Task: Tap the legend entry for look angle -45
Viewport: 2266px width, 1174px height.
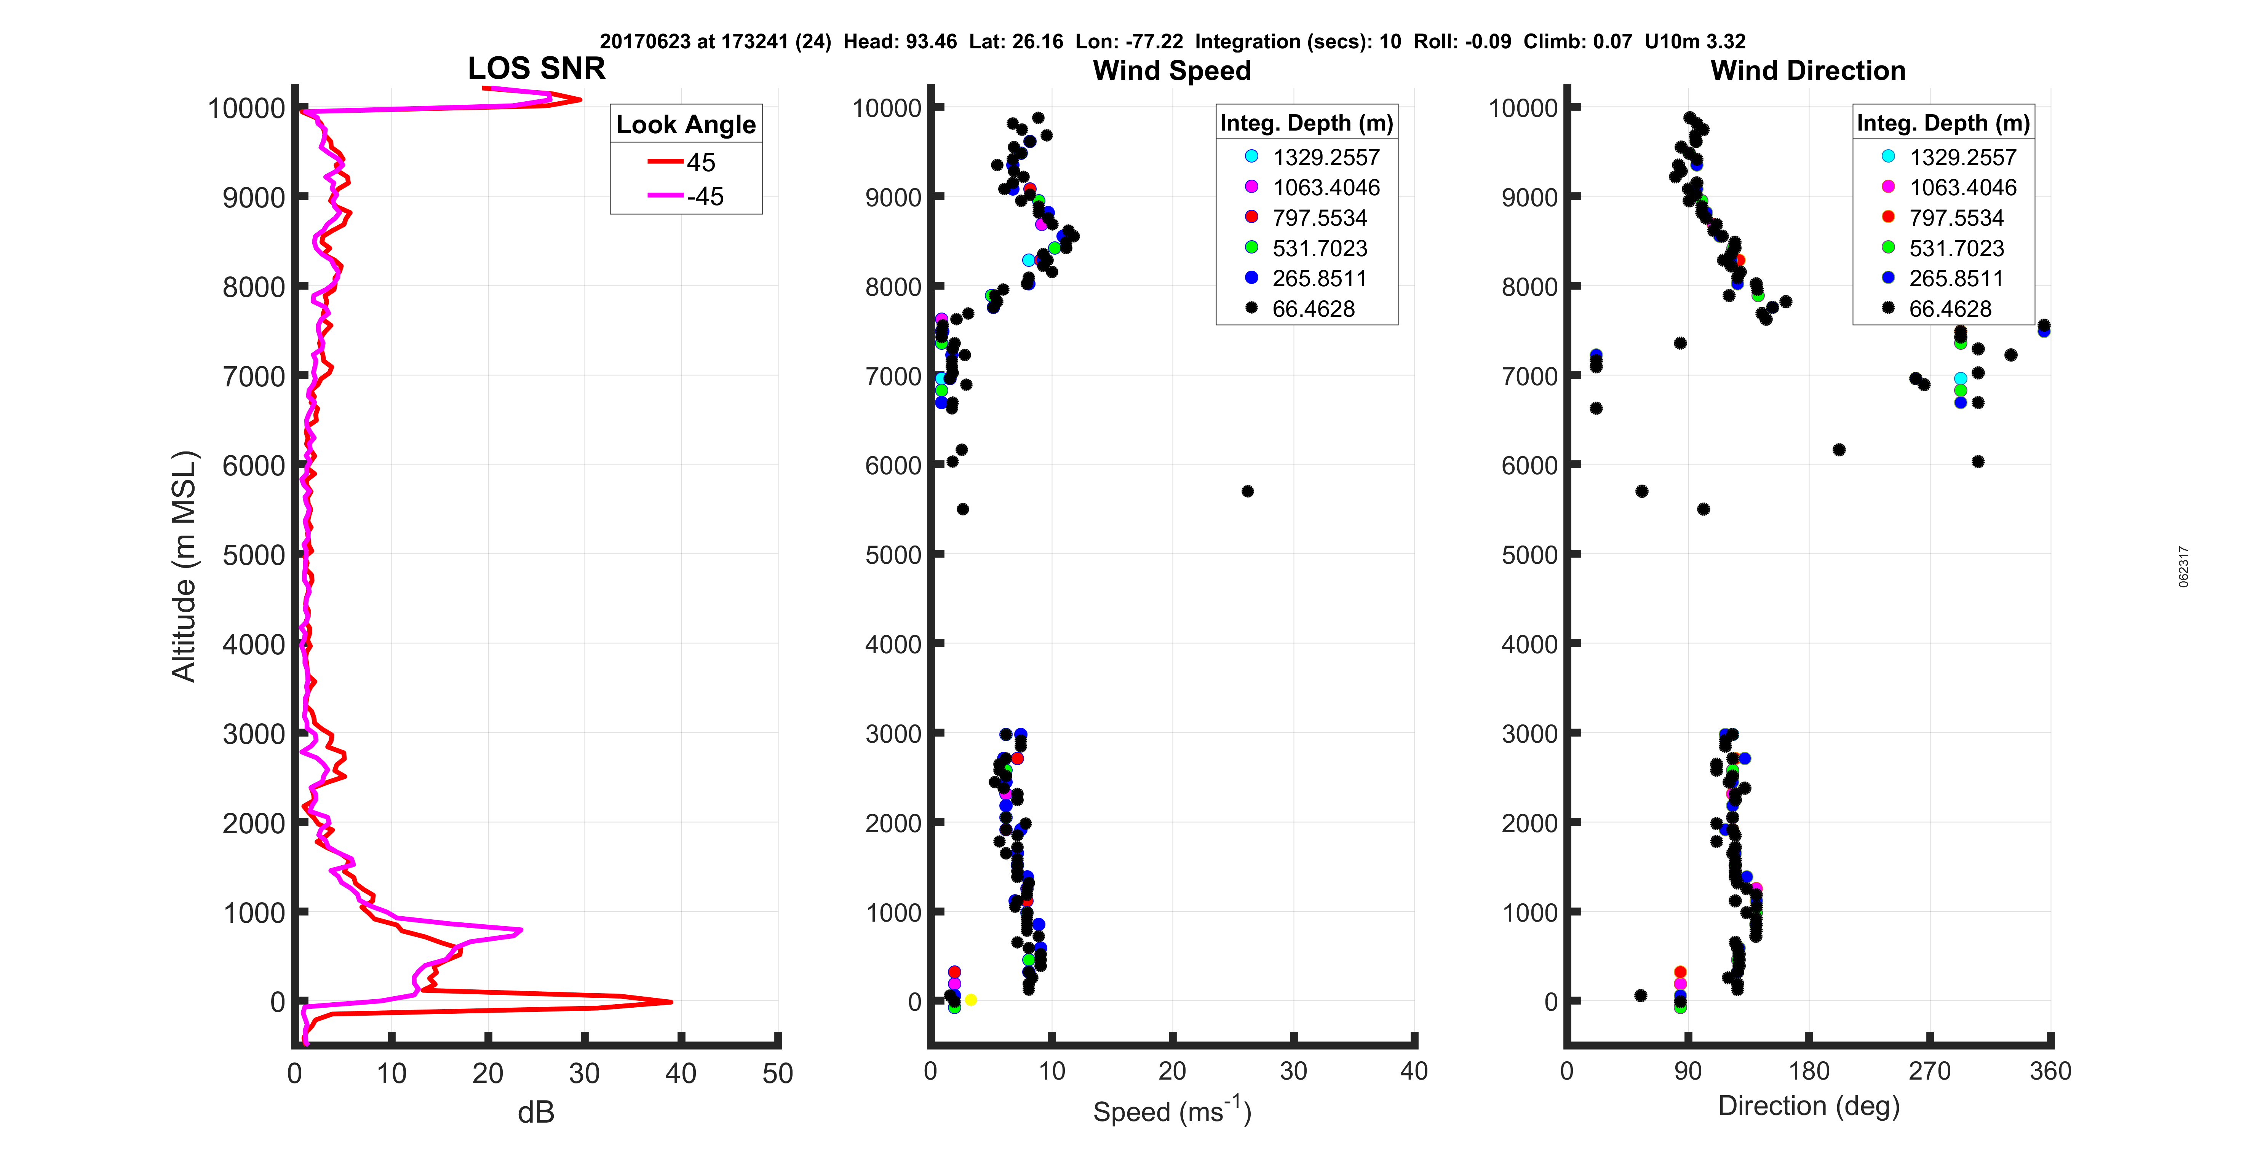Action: (x=686, y=196)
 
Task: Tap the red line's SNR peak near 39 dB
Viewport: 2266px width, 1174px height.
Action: (x=671, y=1002)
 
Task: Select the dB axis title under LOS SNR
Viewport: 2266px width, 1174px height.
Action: (x=536, y=1112)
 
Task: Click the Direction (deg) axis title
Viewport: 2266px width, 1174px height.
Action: (x=1809, y=1105)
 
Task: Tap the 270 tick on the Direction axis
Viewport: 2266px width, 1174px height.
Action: (x=1929, y=1071)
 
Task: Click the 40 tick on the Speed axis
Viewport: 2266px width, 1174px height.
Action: (x=1413, y=1071)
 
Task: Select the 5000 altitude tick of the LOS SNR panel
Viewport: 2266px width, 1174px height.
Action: (x=253, y=555)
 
